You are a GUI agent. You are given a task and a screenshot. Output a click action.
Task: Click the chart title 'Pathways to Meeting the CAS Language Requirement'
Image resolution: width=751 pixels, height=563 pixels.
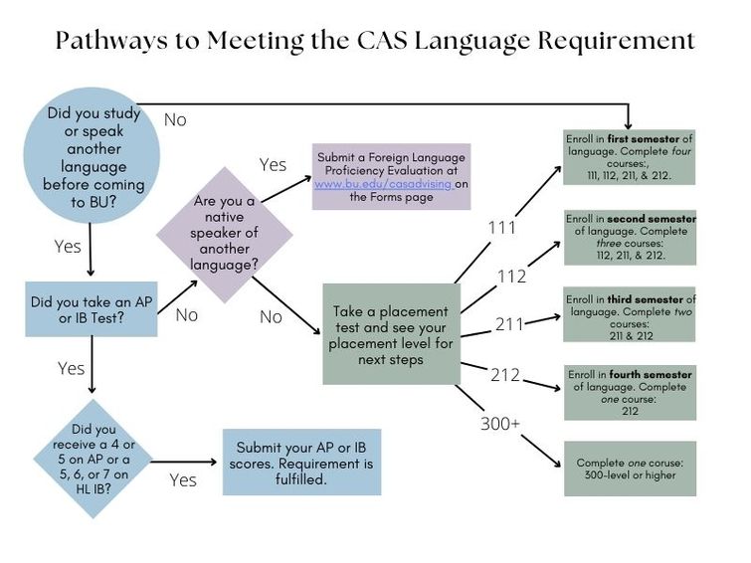(x=374, y=41)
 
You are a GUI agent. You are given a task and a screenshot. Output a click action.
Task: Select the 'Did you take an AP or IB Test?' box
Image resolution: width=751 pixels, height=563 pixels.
(x=92, y=309)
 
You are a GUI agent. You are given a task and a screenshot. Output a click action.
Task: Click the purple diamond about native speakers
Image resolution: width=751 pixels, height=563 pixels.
(x=224, y=233)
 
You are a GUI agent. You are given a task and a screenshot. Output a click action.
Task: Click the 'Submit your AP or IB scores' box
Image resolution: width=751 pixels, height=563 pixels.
(x=301, y=462)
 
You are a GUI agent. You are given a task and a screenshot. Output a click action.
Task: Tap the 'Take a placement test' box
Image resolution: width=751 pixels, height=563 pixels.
(x=390, y=333)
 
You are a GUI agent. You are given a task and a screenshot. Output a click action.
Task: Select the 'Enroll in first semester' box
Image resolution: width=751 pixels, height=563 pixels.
(x=629, y=156)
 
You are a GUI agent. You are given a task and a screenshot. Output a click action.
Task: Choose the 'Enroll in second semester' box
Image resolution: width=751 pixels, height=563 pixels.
(x=630, y=237)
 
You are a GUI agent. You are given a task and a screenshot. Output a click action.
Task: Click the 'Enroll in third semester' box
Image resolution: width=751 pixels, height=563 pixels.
(x=630, y=314)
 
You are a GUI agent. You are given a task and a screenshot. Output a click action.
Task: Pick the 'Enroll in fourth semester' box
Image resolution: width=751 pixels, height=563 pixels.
(x=630, y=392)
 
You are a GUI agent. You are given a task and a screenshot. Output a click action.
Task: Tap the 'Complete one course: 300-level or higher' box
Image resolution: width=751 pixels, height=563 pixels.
(x=630, y=469)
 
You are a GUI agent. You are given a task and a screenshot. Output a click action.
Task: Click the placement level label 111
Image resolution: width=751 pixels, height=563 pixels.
(x=501, y=228)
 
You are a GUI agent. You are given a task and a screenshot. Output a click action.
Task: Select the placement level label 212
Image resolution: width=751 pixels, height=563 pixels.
(x=505, y=374)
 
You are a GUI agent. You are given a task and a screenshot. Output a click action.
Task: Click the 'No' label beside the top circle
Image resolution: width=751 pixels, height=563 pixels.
(x=175, y=119)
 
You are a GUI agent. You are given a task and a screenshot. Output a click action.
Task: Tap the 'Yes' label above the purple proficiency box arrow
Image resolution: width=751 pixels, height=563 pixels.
(x=273, y=164)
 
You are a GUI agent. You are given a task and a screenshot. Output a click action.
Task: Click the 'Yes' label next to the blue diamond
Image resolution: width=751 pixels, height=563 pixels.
(x=183, y=479)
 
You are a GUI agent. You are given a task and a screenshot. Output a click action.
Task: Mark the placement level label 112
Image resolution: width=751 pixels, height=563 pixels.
(x=511, y=277)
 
